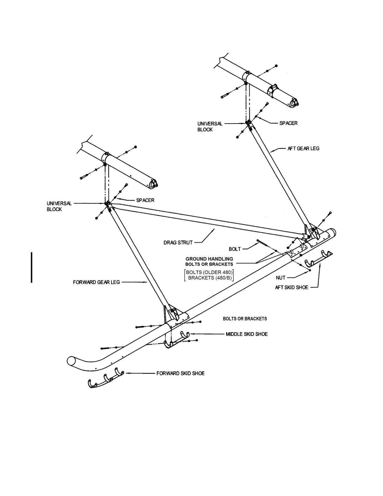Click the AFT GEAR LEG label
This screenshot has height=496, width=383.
[303, 148]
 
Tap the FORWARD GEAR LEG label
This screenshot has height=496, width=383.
[96, 282]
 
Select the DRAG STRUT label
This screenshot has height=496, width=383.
[178, 243]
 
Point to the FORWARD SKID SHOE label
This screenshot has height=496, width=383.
[181, 373]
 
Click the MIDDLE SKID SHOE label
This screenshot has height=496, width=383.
[247, 334]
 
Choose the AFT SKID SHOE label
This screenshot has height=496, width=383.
[291, 287]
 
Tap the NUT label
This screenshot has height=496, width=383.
[281, 278]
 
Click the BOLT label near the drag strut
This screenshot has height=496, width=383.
[235, 249]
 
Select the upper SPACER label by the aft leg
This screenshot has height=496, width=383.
[289, 123]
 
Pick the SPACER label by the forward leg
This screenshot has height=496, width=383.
[145, 200]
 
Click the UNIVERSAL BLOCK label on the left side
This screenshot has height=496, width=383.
[59, 206]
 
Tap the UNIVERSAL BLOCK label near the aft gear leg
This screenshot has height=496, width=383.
[210, 127]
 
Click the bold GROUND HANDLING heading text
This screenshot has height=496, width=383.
[209, 259]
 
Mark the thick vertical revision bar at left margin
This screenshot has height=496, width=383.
[32, 268]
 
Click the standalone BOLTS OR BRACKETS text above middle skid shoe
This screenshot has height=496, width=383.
[245, 319]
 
